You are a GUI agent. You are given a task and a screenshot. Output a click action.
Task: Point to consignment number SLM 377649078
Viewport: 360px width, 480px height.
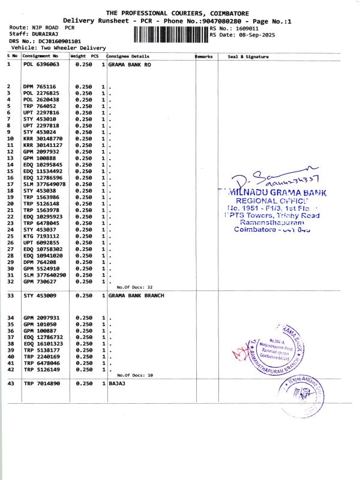[45, 184]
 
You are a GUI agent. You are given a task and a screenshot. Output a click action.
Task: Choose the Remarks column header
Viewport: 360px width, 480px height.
[204, 56]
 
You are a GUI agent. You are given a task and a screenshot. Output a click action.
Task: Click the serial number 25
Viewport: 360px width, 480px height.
[10, 236]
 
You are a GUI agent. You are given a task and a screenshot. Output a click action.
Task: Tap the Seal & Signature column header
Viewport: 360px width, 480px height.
[248, 56]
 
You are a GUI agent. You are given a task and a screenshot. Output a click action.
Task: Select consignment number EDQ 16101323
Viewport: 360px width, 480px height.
[43, 344]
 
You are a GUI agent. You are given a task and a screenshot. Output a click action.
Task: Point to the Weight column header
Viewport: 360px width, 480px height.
[78, 56]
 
